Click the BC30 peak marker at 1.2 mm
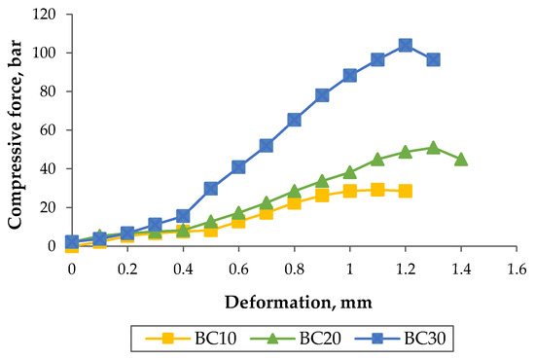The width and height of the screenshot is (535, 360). [405, 45]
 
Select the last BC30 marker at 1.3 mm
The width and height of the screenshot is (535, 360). [433, 59]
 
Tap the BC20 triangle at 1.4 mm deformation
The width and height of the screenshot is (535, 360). [461, 159]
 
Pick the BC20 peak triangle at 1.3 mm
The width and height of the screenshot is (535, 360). [433, 148]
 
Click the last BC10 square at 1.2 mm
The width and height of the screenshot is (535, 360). [405, 191]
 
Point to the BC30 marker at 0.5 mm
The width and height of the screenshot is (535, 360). [210, 188]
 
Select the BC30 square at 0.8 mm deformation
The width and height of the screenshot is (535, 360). [294, 120]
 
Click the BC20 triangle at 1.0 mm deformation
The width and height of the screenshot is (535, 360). [349, 172]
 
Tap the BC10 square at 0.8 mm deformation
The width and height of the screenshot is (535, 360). [294, 202]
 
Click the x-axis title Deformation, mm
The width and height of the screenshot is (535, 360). [293, 302]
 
